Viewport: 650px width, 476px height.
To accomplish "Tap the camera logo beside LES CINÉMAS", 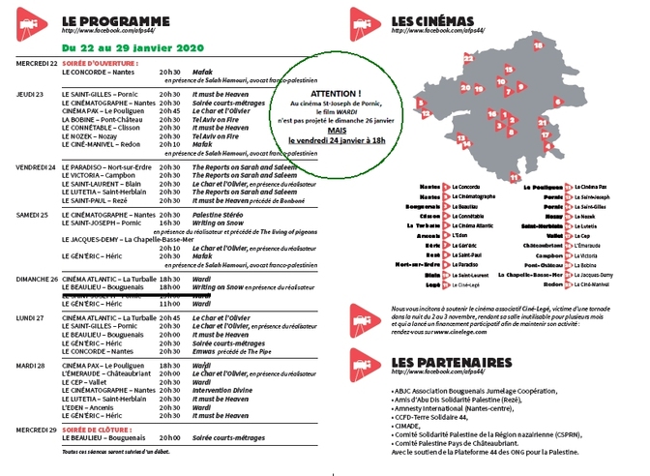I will [365, 23].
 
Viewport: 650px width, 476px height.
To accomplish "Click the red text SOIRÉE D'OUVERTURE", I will [108, 63].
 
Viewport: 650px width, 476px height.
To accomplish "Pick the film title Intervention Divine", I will [223, 389].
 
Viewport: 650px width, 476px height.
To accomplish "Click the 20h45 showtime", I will [170, 110].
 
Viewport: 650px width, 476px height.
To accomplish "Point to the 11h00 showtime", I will [170, 304].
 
